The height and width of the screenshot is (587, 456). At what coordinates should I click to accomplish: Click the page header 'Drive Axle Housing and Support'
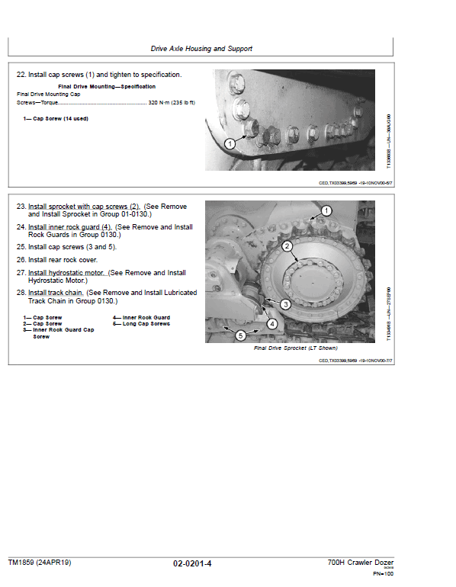201,49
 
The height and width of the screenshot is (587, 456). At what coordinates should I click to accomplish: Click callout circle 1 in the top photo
230,143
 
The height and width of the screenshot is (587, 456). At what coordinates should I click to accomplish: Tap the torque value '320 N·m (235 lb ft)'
169,102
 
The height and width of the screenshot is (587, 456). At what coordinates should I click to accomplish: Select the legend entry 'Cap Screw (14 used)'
53,119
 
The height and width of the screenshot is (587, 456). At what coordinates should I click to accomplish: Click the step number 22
21,75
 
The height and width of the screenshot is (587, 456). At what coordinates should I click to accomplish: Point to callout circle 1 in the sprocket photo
326,210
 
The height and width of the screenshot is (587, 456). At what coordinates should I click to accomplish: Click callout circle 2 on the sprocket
287,246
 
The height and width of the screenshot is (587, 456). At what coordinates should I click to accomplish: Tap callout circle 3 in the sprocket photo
285,303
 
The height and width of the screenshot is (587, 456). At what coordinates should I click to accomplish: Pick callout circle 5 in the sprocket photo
240,335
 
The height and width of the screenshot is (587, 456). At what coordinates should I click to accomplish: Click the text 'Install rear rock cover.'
69,260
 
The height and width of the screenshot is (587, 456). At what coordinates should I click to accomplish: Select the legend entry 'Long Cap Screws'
146,324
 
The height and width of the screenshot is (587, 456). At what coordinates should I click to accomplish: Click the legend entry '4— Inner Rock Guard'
141,317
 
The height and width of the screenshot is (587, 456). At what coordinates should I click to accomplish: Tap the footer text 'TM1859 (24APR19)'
40,563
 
